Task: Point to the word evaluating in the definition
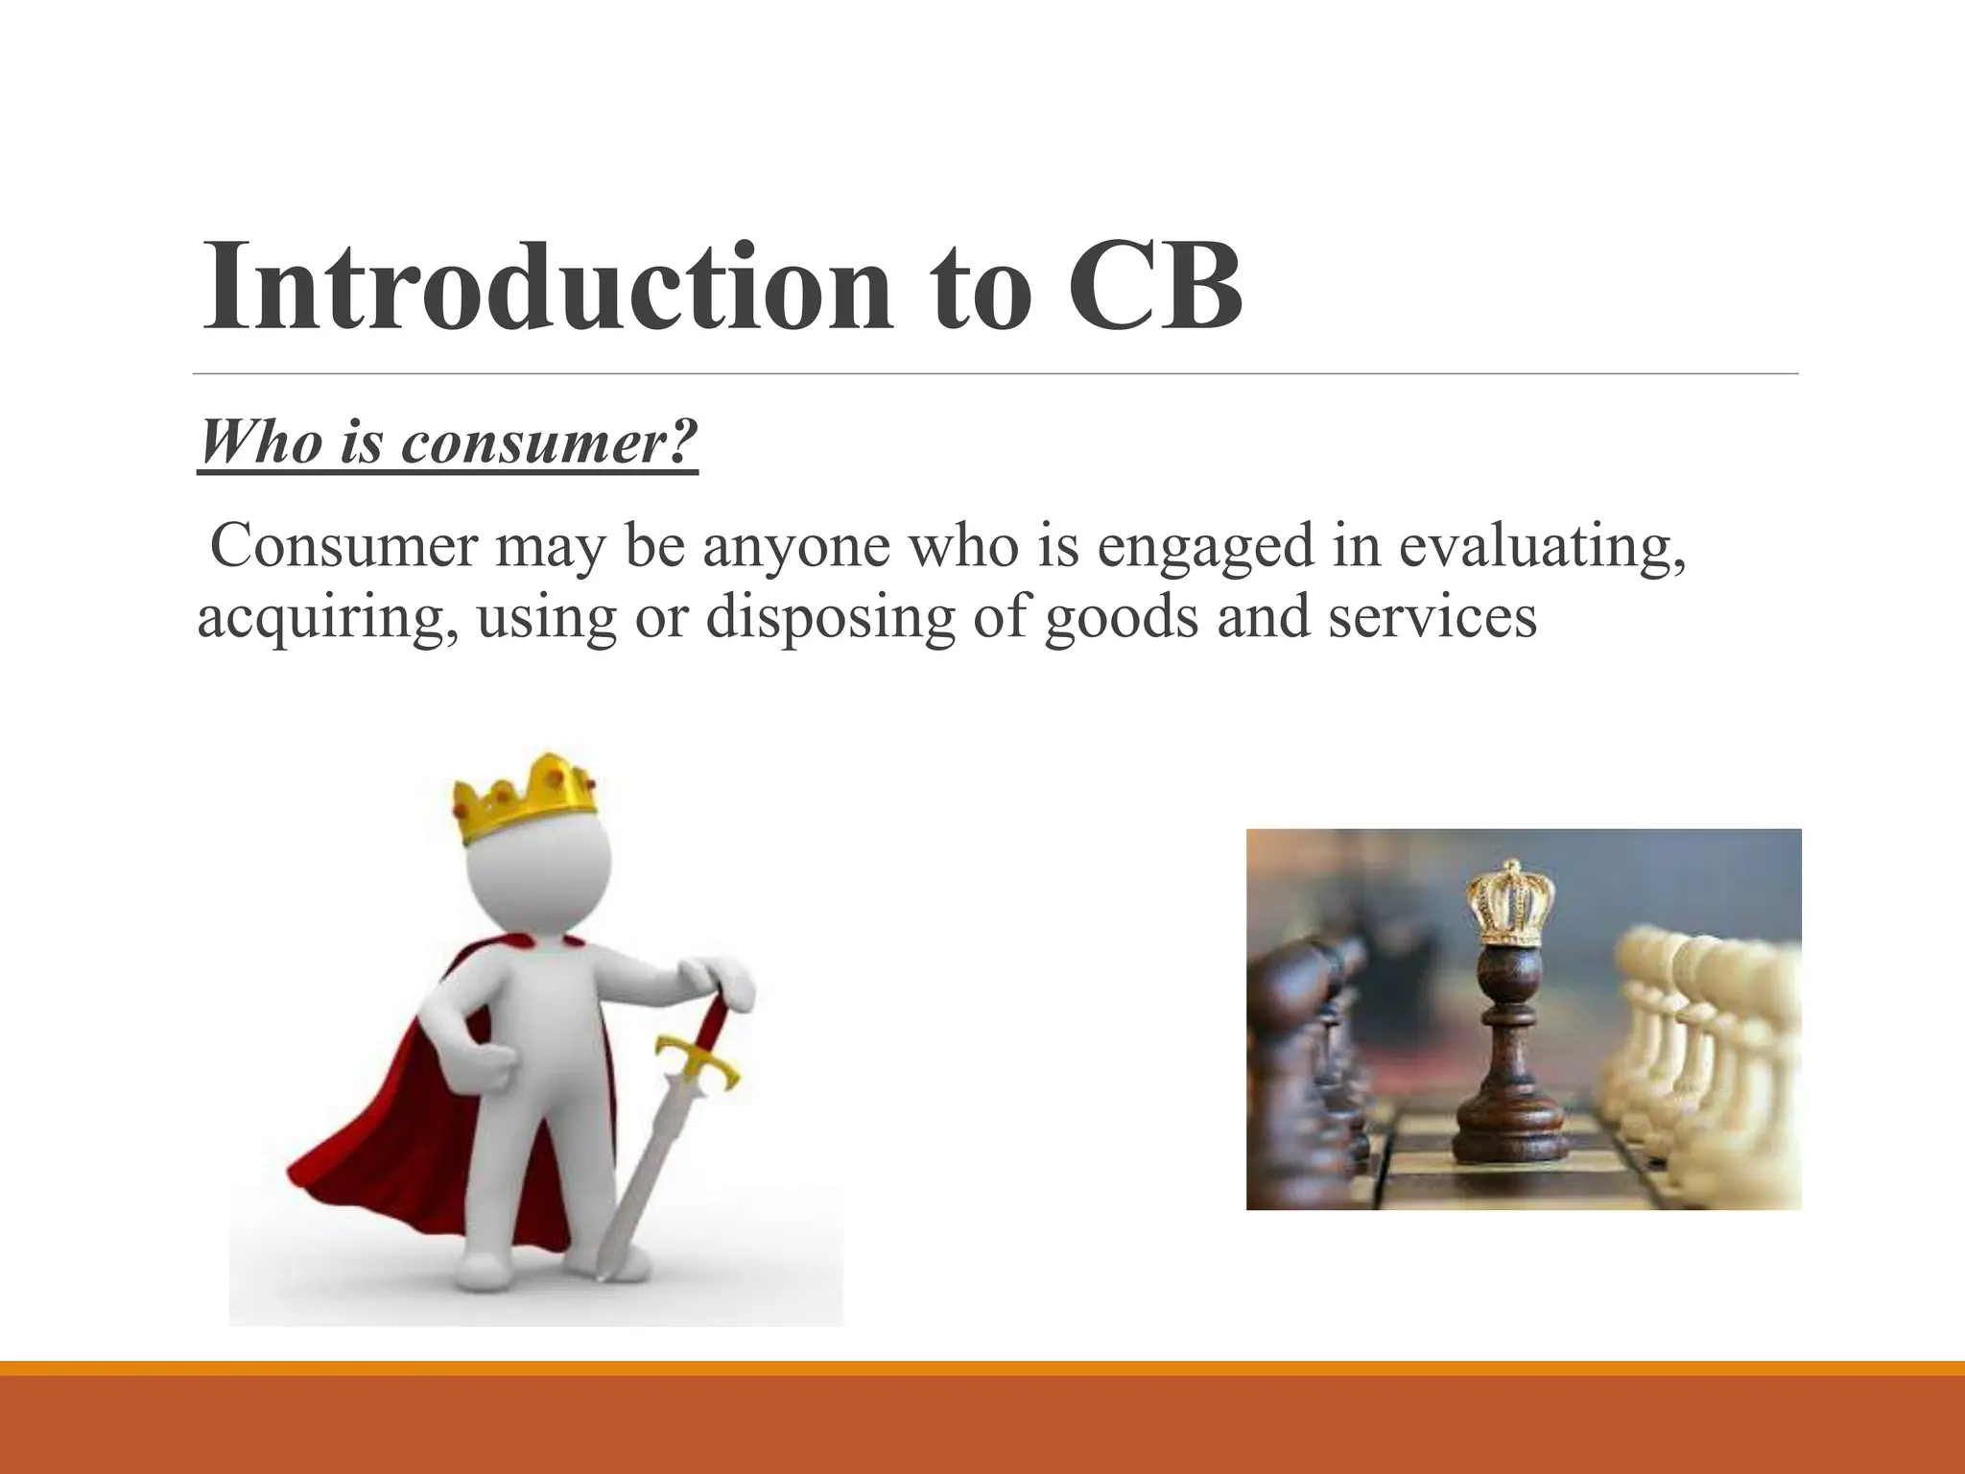tap(1541, 547)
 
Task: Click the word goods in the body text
tap(1122, 616)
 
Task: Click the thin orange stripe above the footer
tap(982, 1368)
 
